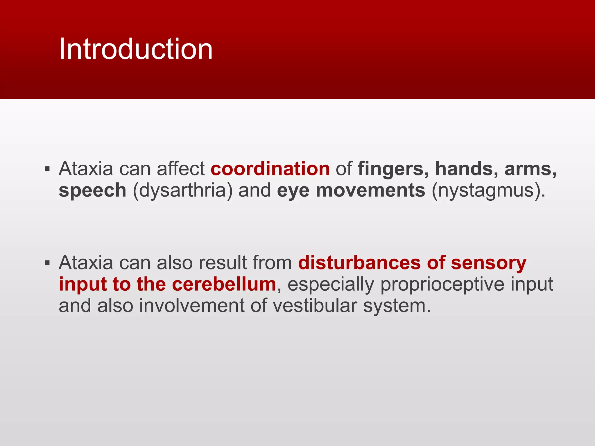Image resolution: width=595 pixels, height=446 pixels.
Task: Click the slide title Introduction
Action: click(135, 49)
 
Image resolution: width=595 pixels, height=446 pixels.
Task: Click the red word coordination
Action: click(270, 169)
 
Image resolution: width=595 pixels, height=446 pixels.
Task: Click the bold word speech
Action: click(92, 191)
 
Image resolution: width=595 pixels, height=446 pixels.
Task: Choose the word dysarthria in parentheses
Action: click(183, 191)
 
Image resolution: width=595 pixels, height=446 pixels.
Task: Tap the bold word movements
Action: click(371, 191)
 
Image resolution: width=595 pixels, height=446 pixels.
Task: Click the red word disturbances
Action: click(359, 263)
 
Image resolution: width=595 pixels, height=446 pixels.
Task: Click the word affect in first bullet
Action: click(180, 169)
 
